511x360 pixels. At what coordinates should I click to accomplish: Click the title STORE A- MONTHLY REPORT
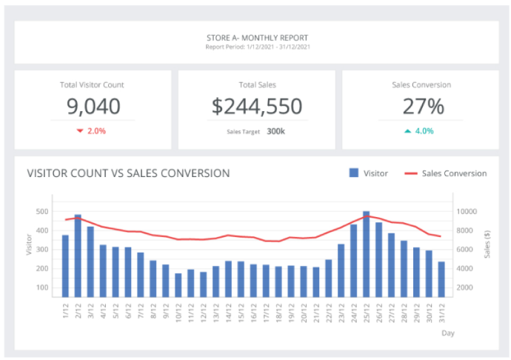[258, 37]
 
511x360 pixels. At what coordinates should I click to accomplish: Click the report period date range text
[258, 47]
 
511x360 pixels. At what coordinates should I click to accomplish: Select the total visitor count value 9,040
[93, 107]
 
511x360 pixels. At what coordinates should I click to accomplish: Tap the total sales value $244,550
[256, 107]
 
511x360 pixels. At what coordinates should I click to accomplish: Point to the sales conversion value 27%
[423, 107]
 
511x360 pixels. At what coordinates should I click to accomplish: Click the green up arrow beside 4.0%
[407, 131]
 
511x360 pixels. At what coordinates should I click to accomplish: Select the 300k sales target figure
[276, 131]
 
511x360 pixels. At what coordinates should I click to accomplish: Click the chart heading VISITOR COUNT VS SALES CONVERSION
[128, 173]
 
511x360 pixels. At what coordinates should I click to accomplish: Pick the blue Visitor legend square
[354, 173]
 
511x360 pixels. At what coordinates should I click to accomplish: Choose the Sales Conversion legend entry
[445, 173]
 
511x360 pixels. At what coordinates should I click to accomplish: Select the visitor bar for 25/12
[366, 253]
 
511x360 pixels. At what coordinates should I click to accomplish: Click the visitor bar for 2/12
[78, 256]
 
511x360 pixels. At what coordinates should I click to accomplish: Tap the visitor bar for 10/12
[178, 285]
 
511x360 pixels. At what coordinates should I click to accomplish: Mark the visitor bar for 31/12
[441, 279]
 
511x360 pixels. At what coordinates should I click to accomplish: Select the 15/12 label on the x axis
[241, 312]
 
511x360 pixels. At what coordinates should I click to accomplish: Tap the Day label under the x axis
[448, 333]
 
